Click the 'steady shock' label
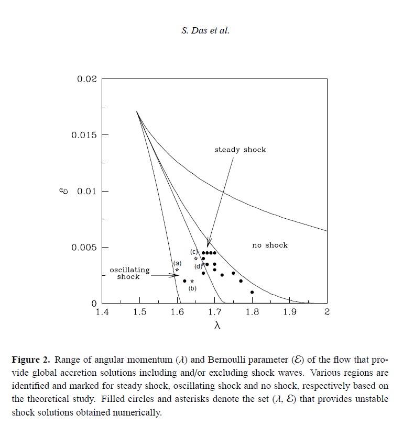(x=240, y=150)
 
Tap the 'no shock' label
(x=270, y=245)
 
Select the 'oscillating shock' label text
(x=129, y=273)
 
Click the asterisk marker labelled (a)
(x=177, y=270)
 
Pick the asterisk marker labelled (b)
(x=192, y=281)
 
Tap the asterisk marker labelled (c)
(x=196, y=259)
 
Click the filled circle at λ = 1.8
(x=252, y=292)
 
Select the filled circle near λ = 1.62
(x=184, y=281)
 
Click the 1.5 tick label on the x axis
(x=139, y=313)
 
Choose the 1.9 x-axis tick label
(x=289, y=313)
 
